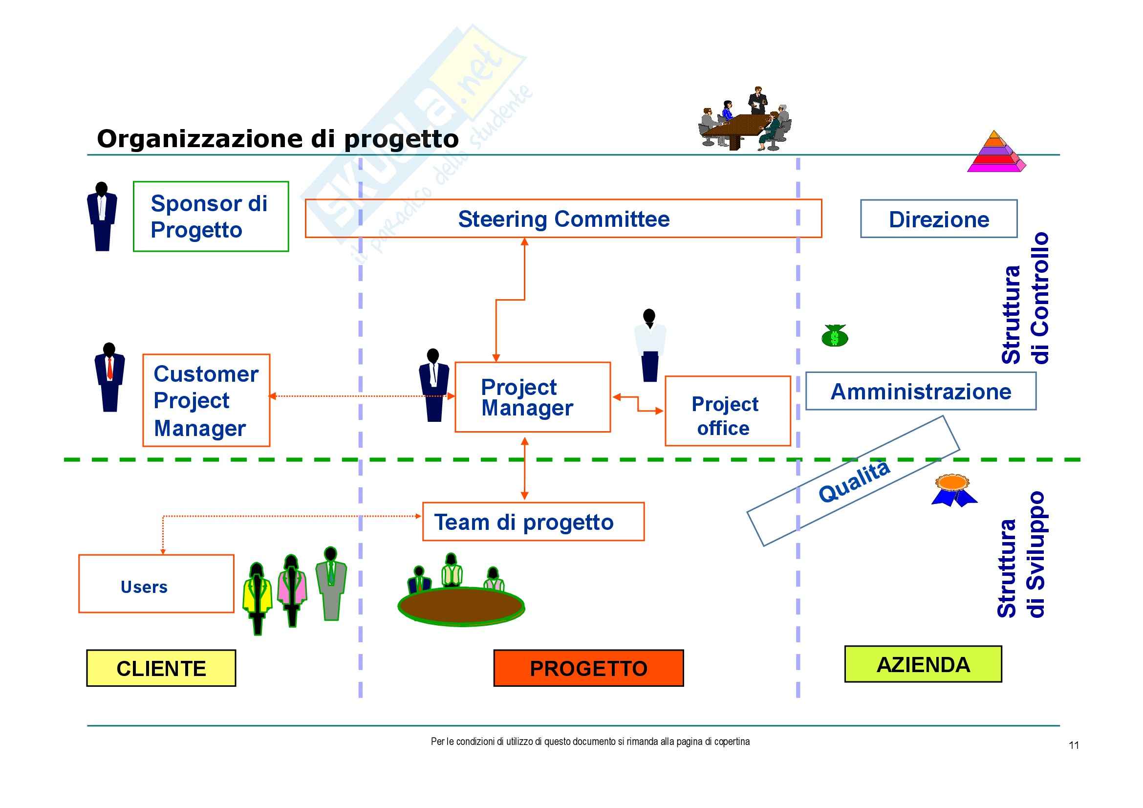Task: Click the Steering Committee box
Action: [x=563, y=219]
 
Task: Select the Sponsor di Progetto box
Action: [x=211, y=217]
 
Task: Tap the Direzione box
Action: [x=938, y=219]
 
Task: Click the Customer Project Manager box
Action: [x=206, y=401]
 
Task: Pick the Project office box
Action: [x=727, y=411]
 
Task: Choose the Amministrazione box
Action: [x=921, y=392]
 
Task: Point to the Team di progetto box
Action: [x=533, y=522]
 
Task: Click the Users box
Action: [x=156, y=584]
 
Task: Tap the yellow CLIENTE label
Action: [x=161, y=668]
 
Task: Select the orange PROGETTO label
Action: [x=588, y=668]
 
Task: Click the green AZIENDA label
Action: [x=923, y=664]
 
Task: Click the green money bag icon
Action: [x=835, y=336]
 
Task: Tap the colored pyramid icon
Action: [x=995, y=153]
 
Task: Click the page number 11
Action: [x=1074, y=745]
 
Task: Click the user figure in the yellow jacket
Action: [x=257, y=595]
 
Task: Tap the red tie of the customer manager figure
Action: [x=109, y=369]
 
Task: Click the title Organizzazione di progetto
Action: [x=277, y=139]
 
